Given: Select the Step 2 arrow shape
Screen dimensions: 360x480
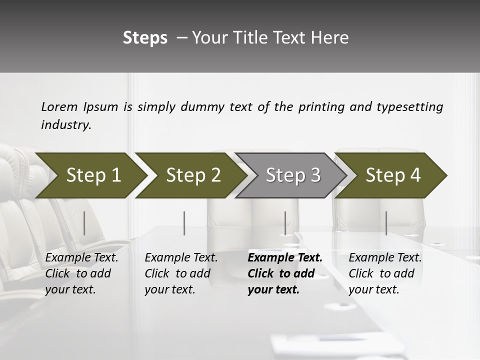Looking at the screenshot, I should pyautogui.click(x=192, y=175).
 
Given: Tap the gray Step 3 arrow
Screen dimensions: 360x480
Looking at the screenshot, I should pyautogui.click(x=292, y=175).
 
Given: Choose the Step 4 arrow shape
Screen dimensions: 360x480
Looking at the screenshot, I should pyautogui.click(x=392, y=175).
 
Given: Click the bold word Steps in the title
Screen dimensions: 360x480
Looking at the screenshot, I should pyautogui.click(x=145, y=38).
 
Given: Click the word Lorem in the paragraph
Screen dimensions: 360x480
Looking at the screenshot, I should pyautogui.click(x=59, y=107).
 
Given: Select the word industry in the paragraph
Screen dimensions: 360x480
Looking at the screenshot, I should pyautogui.click(x=65, y=125).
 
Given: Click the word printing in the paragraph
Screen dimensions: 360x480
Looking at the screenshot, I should pyautogui.click(x=321, y=107).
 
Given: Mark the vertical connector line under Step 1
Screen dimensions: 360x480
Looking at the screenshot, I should pyautogui.click(x=84, y=223).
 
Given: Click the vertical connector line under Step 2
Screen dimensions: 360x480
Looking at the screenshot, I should pyautogui.click(x=184, y=223).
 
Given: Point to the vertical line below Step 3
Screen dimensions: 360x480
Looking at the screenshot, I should pyautogui.click(x=285, y=223).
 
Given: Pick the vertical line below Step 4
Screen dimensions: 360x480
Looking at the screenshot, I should pyautogui.click(x=386, y=223).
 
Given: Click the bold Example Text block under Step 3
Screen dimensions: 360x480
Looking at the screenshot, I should pyautogui.click(x=285, y=273).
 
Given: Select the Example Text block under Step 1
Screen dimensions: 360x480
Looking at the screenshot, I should pyautogui.click(x=82, y=273).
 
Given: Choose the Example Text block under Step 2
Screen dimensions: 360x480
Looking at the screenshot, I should pyautogui.click(x=181, y=273).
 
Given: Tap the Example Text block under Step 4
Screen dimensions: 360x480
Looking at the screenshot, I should pyautogui.click(x=385, y=273).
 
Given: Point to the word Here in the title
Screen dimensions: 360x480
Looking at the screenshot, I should pyautogui.click(x=332, y=38).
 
